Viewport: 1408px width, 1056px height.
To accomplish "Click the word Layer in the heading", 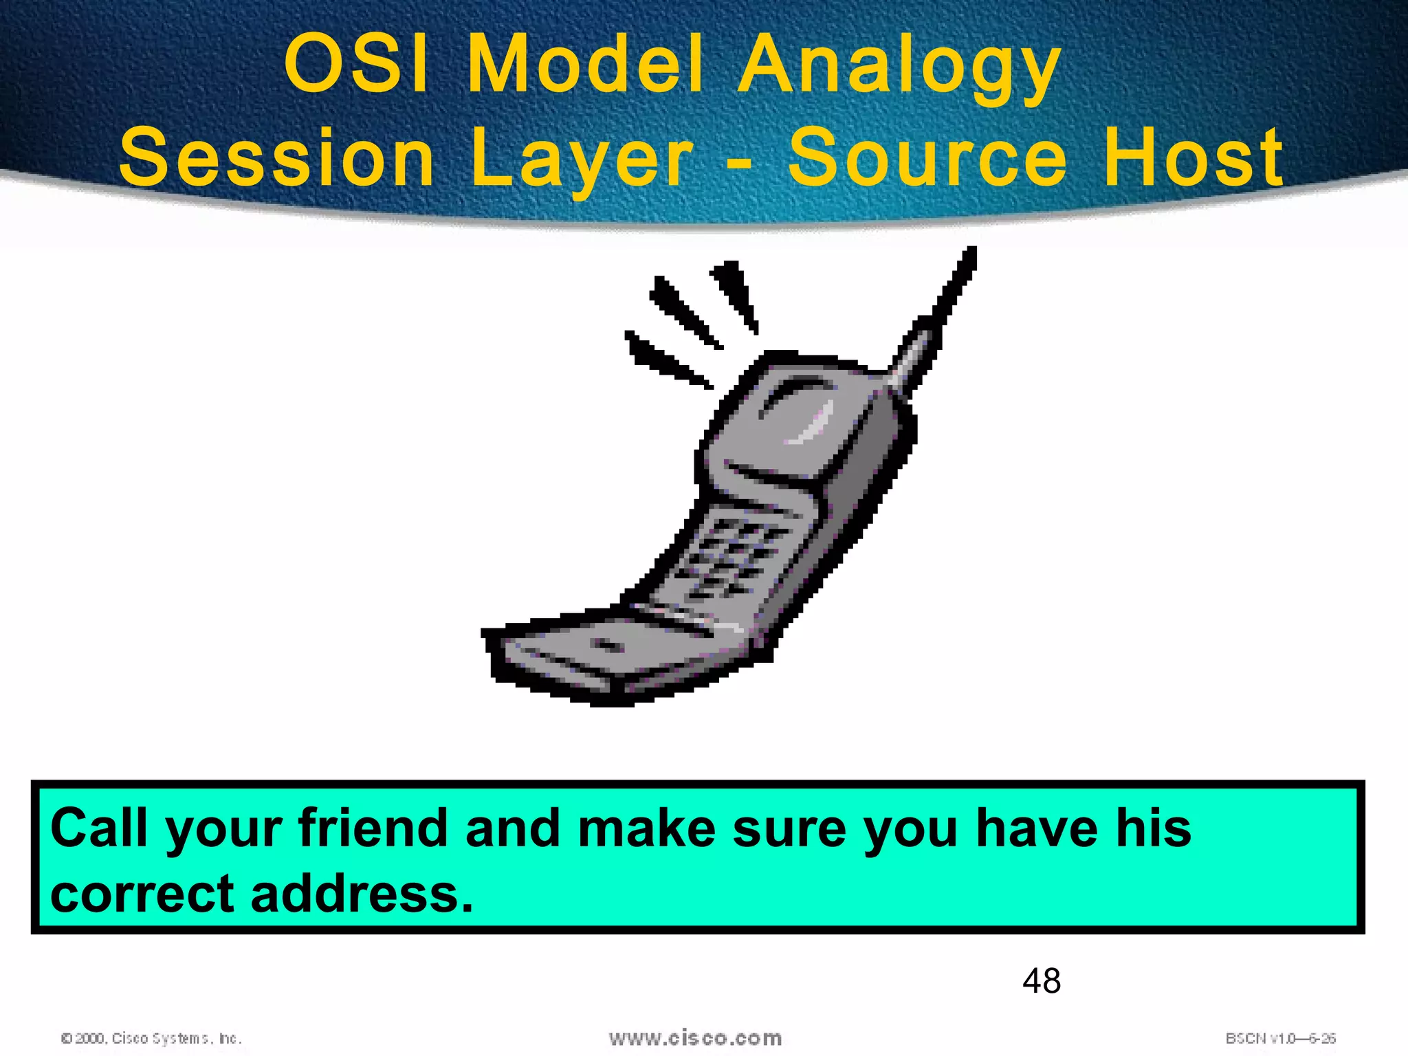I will point(582,160).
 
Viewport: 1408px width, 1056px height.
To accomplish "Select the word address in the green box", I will point(362,894).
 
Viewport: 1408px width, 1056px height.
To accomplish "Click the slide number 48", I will point(1041,980).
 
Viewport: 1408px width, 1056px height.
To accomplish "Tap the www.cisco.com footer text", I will point(695,1037).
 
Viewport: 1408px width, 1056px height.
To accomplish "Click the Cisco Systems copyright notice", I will point(151,1038).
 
